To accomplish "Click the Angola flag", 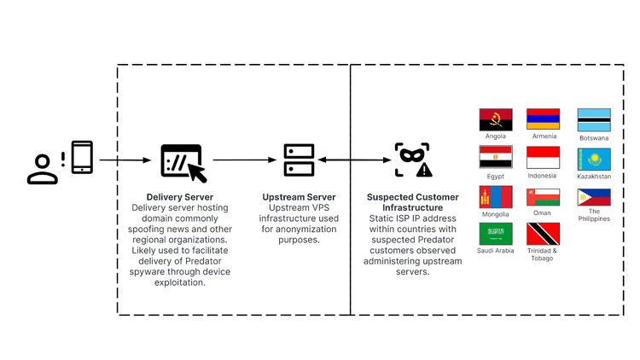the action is pyautogui.click(x=496, y=119).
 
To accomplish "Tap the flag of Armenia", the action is pyautogui.click(x=543, y=119).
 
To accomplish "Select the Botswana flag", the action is pyautogui.click(x=594, y=120).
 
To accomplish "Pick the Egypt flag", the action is pyautogui.click(x=496, y=157).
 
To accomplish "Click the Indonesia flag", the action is pyautogui.click(x=543, y=158).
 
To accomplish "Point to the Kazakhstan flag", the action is pyautogui.click(x=594, y=160).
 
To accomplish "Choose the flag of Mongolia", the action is pyautogui.click(x=496, y=197).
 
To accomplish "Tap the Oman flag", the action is pyautogui.click(x=543, y=197).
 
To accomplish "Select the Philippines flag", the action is pyautogui.click(x=594, y=197).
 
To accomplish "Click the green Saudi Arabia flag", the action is pyautogui.click(x=496, y=234).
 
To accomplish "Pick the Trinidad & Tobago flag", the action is pyautogui.click(x=543, y=234).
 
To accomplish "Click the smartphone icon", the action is pyautogui.click(x=82, y=157).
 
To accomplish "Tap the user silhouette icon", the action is pyautogui.click(x=43, y=169).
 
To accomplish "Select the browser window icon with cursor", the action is pyautogui.click(x=183, y=163).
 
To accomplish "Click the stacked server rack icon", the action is pyautogui.click(x=299, y=160).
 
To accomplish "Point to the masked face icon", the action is pyautogui.click(x=413, y=160).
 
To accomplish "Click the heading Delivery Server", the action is pyautogui.click(x=179, y=197).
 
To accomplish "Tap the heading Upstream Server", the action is pyautogui.click(x=299, y=197).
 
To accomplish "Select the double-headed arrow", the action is pyautogui.click(x=354, y=160).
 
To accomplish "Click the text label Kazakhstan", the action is pyautogui.click(x=594, y=177).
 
